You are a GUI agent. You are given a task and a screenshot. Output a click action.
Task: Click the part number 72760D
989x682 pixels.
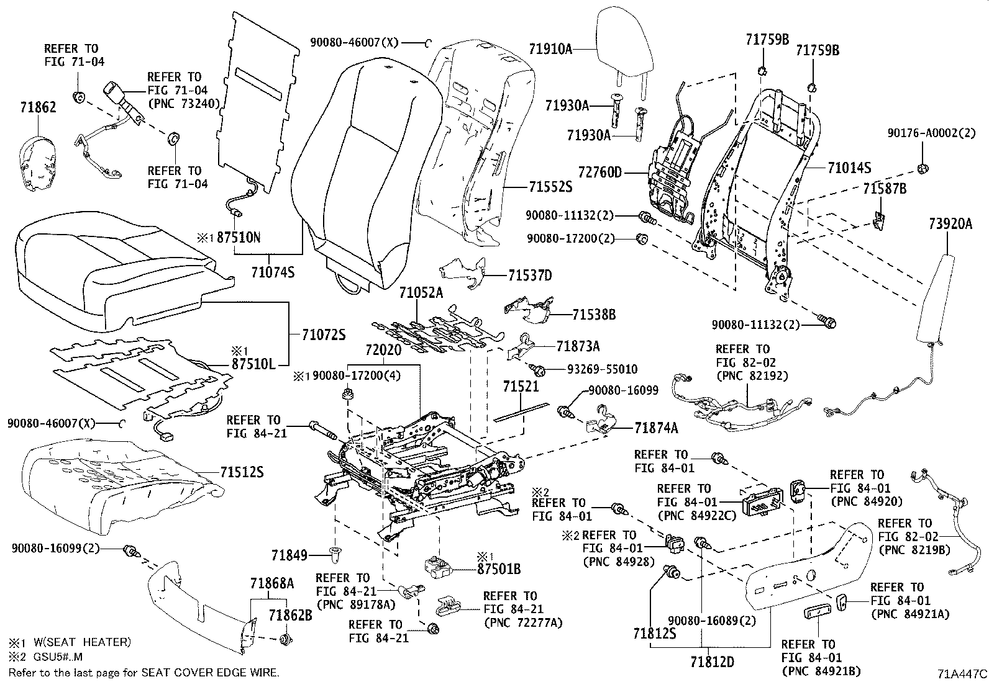(x=599, y=173)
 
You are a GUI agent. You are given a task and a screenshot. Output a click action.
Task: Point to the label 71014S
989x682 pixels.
(x=849, y=168)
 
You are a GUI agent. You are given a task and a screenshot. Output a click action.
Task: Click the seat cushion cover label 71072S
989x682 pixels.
(x=324, y=335)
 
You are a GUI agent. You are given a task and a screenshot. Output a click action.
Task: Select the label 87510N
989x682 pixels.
(x=239, y=238)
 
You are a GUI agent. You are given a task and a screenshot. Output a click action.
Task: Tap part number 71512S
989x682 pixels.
(x=242, y=473)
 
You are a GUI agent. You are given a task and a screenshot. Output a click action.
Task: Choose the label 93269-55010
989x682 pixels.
(x=602, y=369)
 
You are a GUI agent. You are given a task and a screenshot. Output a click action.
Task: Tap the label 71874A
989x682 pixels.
(x=657, y=428)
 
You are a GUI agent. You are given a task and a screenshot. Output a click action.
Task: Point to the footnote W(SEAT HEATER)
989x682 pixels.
(x=79, y=642)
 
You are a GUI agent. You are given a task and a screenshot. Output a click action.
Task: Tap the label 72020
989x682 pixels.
(x=384, y=351)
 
